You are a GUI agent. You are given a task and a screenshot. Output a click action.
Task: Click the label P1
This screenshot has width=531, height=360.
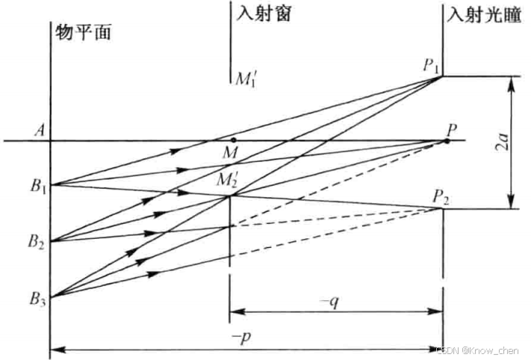tap(432, 66)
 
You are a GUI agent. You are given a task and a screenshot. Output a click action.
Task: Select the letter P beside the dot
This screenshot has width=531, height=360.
tap(453, 128)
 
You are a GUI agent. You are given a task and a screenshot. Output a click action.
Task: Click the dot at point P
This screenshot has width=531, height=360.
tap(447, 140)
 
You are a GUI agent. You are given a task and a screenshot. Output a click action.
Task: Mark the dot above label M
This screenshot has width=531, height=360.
tap(234, 140)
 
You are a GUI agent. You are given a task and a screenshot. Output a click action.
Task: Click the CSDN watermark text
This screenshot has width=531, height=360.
tap(481, 349)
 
